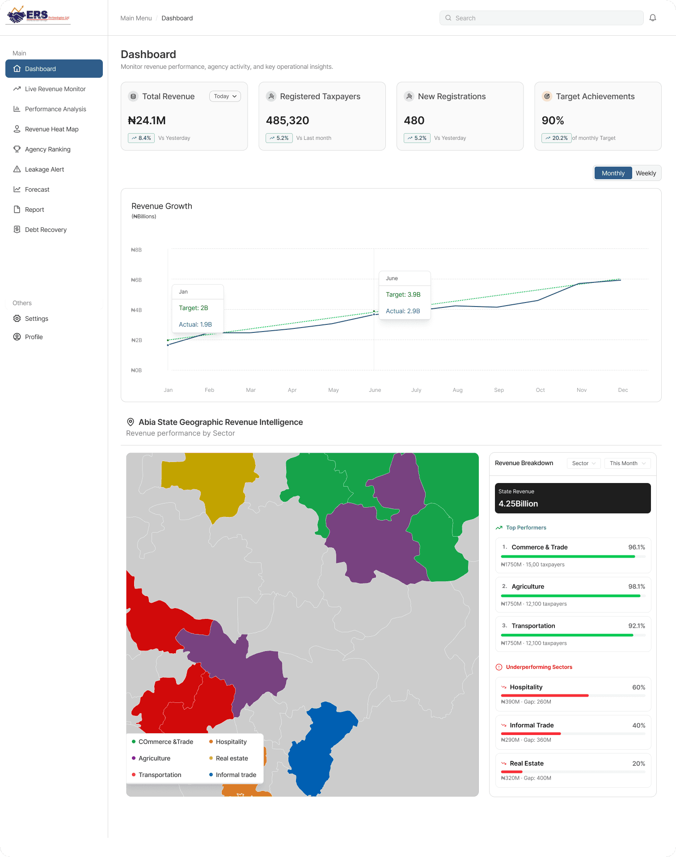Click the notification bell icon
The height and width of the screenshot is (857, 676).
[x=653, y=18]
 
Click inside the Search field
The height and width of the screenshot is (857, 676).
[x=541, y=18]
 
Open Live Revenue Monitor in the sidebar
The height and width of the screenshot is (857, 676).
[x=55, y=89]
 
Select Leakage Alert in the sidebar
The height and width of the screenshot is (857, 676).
[x=44, y=169]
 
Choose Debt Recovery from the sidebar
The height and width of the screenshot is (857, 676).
[x=46, y=230]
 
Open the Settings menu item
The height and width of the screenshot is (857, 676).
[x=36, y=319]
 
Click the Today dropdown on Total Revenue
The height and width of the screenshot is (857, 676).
[x=225, y=96]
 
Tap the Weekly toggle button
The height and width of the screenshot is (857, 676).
[x=646, y=173]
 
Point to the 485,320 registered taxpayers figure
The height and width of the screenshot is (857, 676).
[x=287, y=121]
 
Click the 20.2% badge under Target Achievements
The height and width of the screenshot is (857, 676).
[x=557, y=138]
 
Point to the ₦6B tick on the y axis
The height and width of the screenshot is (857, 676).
[x=136, y=280]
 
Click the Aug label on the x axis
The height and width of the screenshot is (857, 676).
[x=457, y=390]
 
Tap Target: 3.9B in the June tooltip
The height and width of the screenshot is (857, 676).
[x=403, y=294]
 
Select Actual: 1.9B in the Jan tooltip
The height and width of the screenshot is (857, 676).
[x=195, y=324]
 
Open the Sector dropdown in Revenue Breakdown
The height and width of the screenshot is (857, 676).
[x=583, y=463]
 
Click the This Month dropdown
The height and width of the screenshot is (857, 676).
[x=627, y=463]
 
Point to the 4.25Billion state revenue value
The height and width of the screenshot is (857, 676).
[x=518, y=504]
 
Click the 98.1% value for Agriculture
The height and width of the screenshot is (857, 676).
[x=637, y=587]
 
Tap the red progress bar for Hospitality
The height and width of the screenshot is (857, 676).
[x=545, y=695]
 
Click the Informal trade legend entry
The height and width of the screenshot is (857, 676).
[x=233, y=775]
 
